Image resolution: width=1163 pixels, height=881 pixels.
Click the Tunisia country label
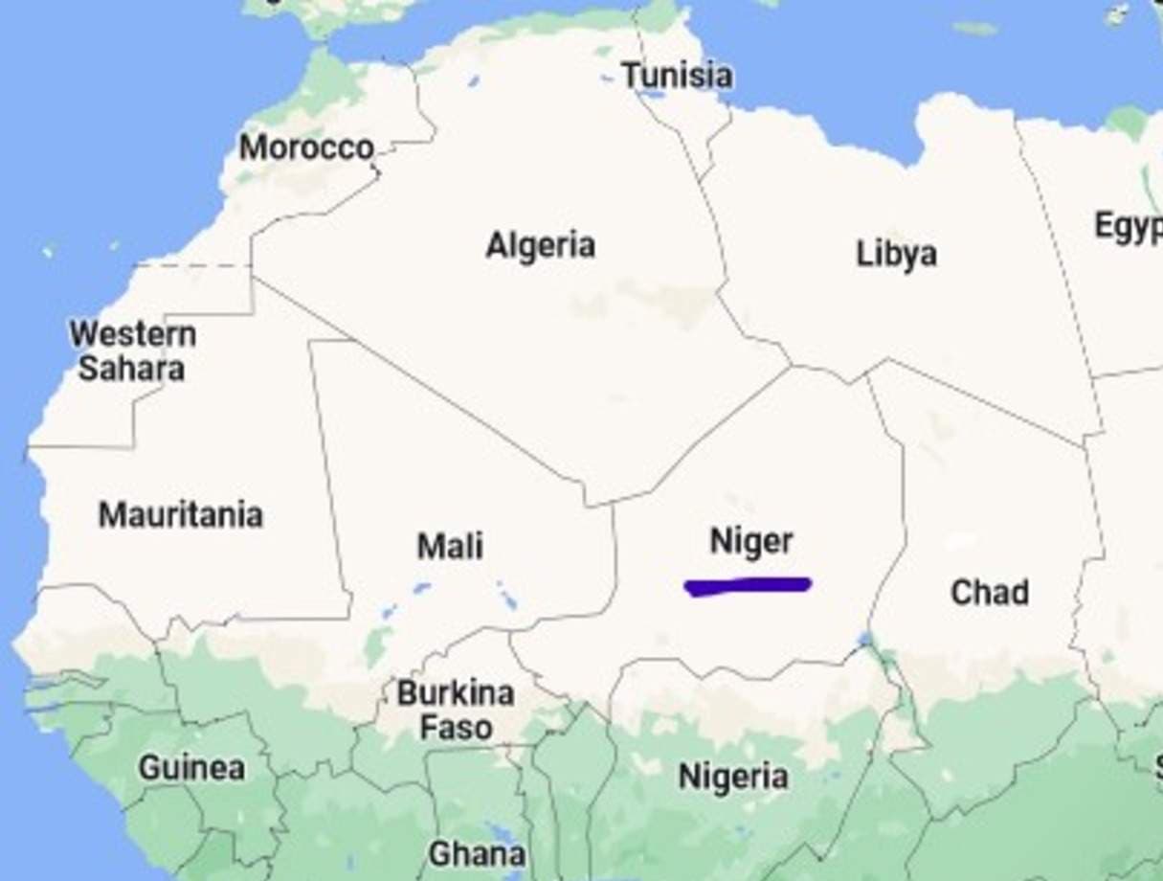pyautogui.click(x=677, y=76)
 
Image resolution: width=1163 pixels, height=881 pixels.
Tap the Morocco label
pyautogui.click(x=305, y=147)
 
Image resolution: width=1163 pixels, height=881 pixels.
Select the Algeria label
pyautogui.click(x=540, y=246)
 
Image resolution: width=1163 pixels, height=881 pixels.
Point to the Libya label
pyautogui.click(x=896, y=255)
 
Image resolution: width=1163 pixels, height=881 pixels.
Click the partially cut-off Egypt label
pyautogui.click(x=1129, y=227)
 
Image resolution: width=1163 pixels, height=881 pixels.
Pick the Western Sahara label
pyautogui.click(x=132, y=351)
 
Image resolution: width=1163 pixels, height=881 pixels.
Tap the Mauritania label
pyautogui.click(x=180, y=515)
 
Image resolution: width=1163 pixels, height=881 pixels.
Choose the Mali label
pyautogui.click(x=450, y=547)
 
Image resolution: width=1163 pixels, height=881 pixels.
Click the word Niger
pyautogui.click(x=751, y=542)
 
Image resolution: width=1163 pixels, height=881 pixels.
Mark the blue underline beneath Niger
pyautogui.click(x=748, y=586)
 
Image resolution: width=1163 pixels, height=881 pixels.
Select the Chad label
pyautogui.click(x=990, y=593)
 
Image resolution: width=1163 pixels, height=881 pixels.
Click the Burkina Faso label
pyautogui.click(x=456, y=710)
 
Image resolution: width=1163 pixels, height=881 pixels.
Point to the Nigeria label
pyautogui.click(x=733, y=777)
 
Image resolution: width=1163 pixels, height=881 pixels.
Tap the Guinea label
pyautogui.click(x=191, y=768)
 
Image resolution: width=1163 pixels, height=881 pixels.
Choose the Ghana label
pyautogui.click(x=476, y=853)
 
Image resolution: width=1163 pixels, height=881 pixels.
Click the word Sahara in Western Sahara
pyautogui.click(x=131, y=369)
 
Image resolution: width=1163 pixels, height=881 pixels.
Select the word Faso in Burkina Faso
pyautogui.click(x=458, y=728)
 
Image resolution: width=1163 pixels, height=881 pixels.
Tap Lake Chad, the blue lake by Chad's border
pyautogui.click(x=866, y=640)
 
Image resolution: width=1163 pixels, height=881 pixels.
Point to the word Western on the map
pyautogui.click(x=132, y=334)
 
